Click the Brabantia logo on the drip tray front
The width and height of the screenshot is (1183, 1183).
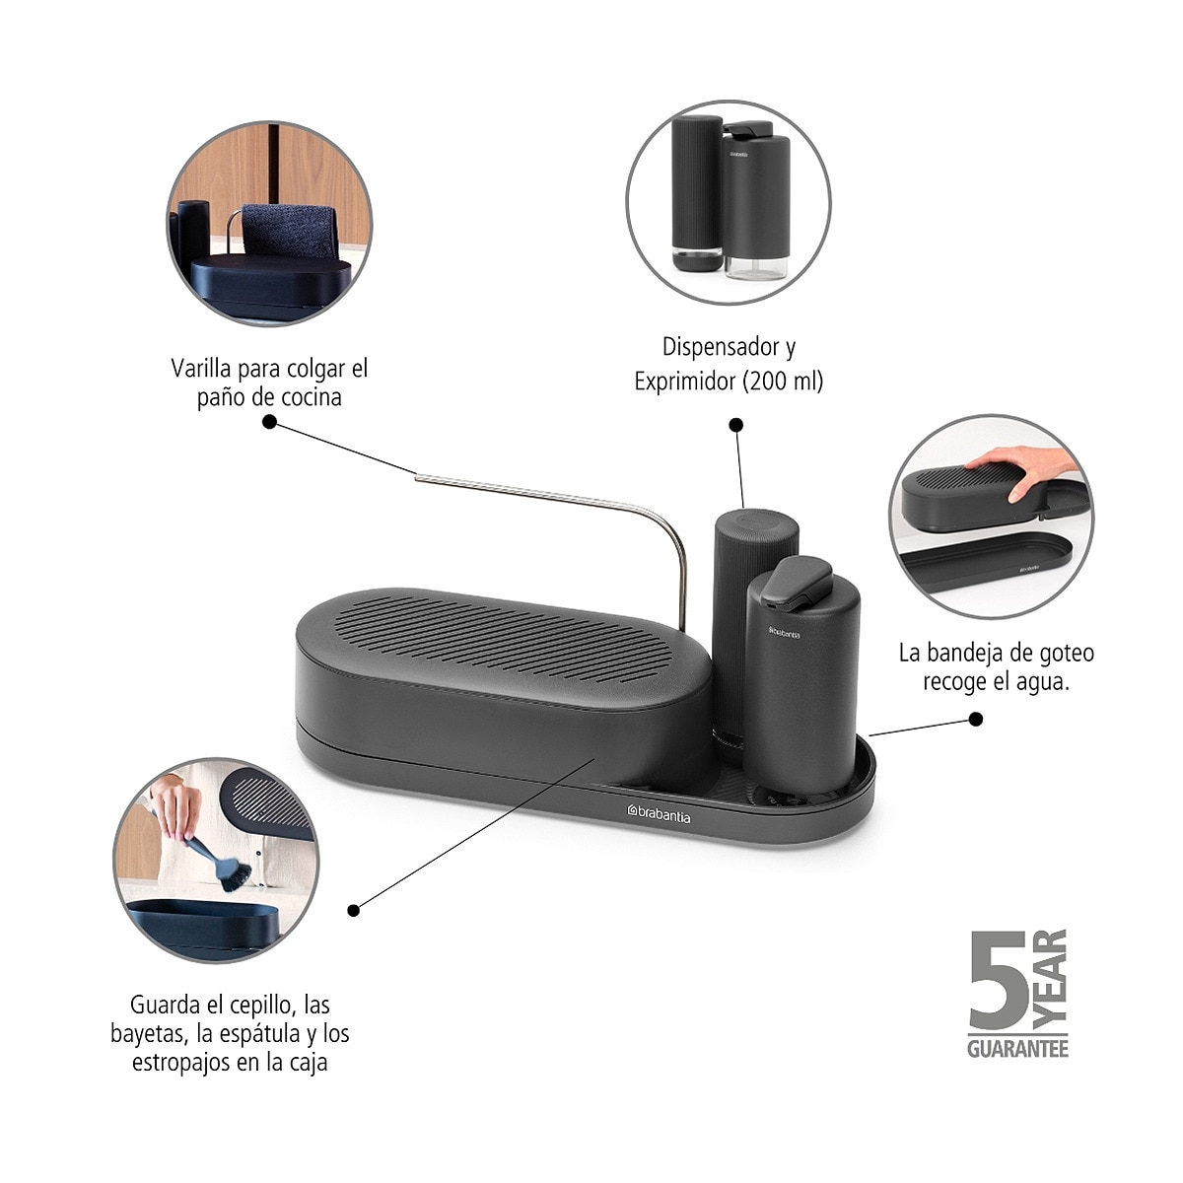pos(659,814)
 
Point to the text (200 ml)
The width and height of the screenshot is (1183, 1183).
pos(783,382)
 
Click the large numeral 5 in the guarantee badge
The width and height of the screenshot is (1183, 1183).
pos(999,982)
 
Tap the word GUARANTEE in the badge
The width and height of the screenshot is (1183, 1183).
pos(1017,1049)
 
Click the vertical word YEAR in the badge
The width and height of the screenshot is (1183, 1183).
pos(1050,981)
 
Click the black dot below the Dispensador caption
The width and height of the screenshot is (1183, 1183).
pos(736,425)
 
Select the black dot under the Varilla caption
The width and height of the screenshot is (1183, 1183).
pos(269,422)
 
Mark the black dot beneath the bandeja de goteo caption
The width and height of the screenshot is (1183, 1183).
pos(976,719)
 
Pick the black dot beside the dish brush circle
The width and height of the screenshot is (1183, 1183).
pos(353,911)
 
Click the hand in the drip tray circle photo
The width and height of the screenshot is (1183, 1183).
pos(1026,469)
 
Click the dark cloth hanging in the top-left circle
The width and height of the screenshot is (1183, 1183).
pos(288,234)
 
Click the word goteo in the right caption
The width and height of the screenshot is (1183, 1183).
pos(1072,654)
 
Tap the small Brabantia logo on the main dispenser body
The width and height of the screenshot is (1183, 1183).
pos(785,632)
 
